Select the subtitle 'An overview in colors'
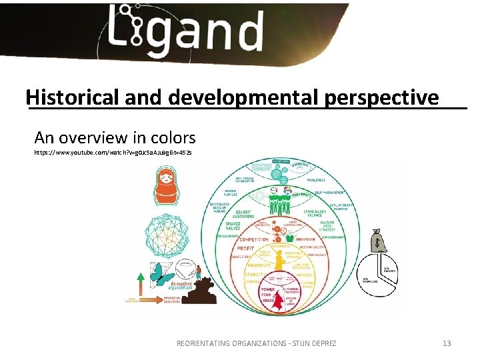115,138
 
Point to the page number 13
447,343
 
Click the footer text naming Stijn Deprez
256,343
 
